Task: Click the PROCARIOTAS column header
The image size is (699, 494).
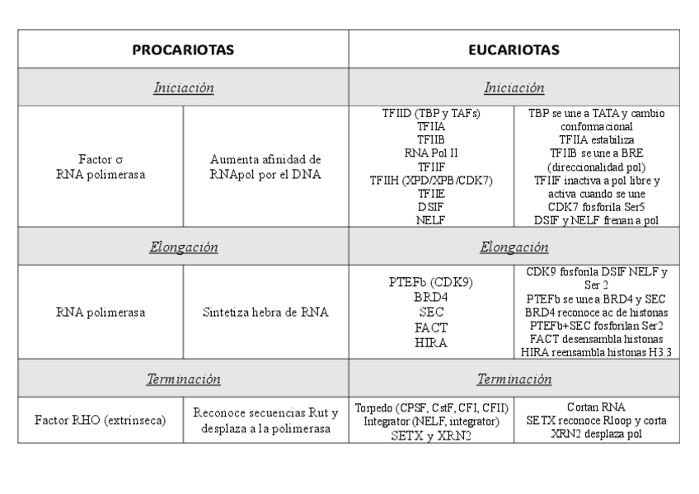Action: [x=183, y=49]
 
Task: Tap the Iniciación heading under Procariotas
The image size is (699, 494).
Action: [x=183, y=87]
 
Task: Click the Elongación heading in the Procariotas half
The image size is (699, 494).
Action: [x=183, y=247]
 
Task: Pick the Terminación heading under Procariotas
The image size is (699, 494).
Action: [x=183, y=379]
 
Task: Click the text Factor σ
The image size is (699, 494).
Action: [x=101, y=158]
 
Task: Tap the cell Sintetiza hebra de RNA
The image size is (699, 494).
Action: [x=265, y=313]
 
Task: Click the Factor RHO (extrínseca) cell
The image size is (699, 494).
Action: [x=101, y=421]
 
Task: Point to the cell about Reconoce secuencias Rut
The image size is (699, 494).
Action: [x=265, y=421]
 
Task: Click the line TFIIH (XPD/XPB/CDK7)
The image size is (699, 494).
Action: [x=431, y=180]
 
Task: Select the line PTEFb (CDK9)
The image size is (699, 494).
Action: [x=431, y=283]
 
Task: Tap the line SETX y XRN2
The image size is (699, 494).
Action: [x=431, y=435]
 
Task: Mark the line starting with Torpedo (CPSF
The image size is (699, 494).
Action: [x=431, y=408]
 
